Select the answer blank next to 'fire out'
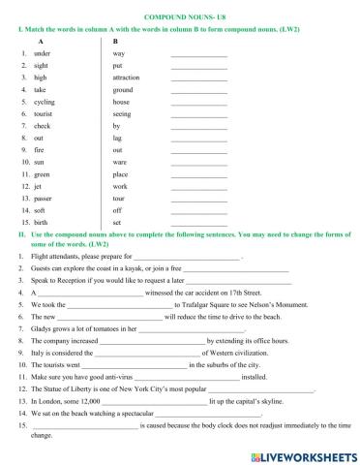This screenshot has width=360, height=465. (198, 150)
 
